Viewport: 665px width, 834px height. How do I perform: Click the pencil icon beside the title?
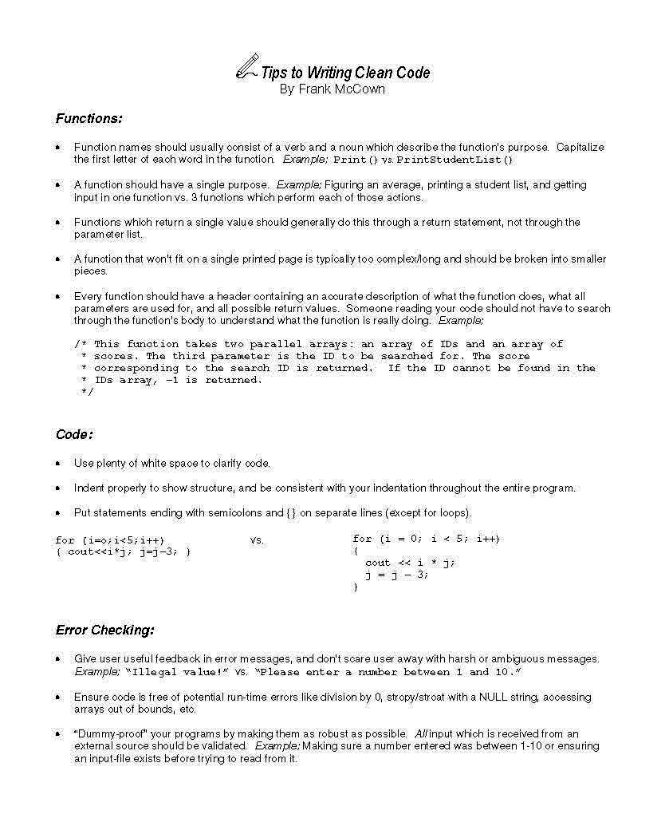pos(247,66)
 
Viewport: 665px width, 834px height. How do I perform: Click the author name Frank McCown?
pos(332,89)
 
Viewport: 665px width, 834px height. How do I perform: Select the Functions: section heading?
pos(89,119)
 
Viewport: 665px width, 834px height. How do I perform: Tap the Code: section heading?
pos(74,434)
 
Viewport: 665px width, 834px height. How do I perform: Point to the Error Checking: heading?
pos(104,630)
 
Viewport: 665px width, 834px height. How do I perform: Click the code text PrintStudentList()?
pos(455,160)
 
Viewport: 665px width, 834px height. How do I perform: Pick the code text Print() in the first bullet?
pos(356,160)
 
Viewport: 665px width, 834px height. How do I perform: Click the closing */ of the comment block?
pos(87,392)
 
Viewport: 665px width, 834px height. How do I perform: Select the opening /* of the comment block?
pos(81,344)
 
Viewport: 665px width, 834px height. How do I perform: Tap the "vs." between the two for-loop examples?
pos(257,540)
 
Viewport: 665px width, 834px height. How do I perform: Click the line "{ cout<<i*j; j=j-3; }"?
pos(124,551)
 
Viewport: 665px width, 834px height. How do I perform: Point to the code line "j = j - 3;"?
pos(397,575)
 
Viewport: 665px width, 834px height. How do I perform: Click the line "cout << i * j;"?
pos(410,563)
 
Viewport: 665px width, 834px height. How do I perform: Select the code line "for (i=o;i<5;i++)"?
pos(110,540)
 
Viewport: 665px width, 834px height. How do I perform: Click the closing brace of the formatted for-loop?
pos(356,587)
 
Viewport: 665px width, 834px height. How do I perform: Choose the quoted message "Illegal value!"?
pos(178,672)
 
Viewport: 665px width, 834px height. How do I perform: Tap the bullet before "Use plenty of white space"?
pos(58,464)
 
